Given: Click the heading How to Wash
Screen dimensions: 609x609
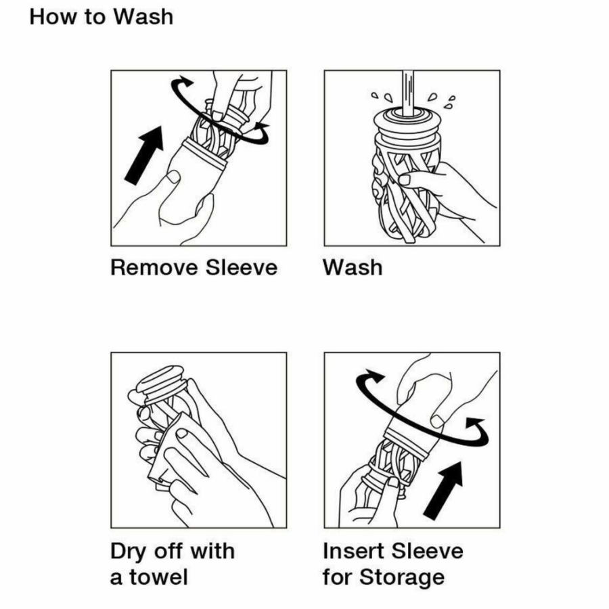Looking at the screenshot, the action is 101,17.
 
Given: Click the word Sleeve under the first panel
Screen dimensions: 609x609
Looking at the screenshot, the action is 242,267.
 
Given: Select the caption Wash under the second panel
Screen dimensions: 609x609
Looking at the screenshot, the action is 353,267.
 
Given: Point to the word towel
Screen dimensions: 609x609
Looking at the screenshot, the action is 158,577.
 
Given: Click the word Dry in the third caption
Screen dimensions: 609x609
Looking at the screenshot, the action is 129,552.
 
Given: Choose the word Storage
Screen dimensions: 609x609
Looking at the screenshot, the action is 402,578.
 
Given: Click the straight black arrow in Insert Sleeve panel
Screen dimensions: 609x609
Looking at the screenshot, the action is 443,490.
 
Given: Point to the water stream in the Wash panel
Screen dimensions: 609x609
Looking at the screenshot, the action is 408,93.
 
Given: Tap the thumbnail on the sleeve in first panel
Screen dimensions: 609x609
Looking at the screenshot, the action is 173,177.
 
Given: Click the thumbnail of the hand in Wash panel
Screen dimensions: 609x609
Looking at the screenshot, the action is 405,179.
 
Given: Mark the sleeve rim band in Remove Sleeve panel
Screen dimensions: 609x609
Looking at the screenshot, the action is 204,154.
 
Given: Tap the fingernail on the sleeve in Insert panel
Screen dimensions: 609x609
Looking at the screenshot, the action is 438,422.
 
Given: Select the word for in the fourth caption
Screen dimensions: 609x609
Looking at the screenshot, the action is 337,577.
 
